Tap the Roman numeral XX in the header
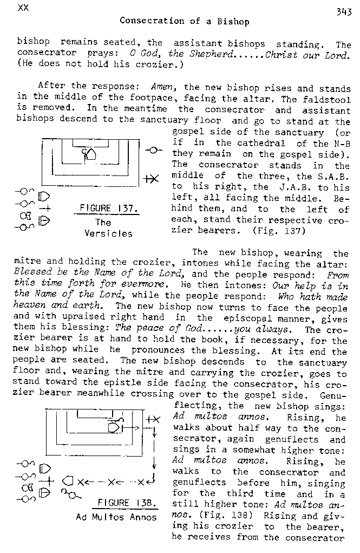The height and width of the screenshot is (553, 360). click(x=23, y=7)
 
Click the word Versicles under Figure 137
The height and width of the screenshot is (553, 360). click(x=109, y=233)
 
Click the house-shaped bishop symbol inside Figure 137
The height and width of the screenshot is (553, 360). click(x=91, y=154)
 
